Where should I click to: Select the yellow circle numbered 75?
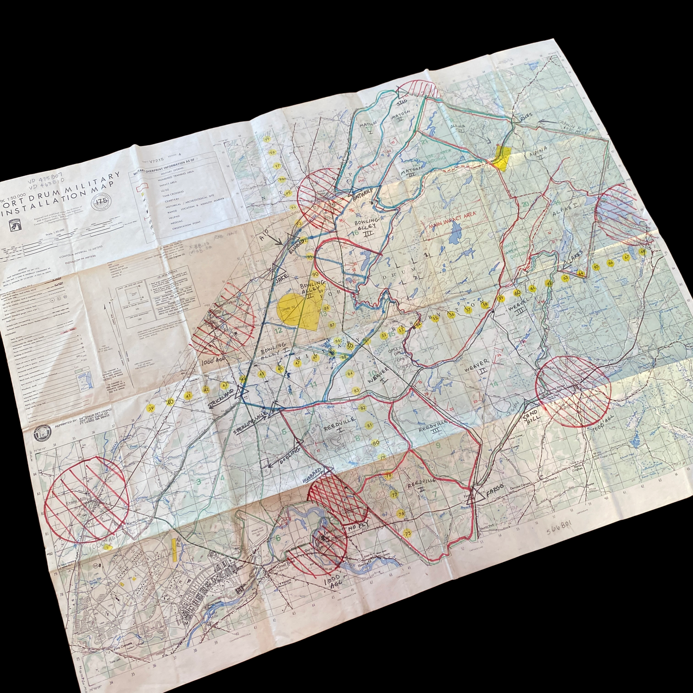click(x=407, y=533)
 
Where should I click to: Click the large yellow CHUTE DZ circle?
click(x=290, y=309)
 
